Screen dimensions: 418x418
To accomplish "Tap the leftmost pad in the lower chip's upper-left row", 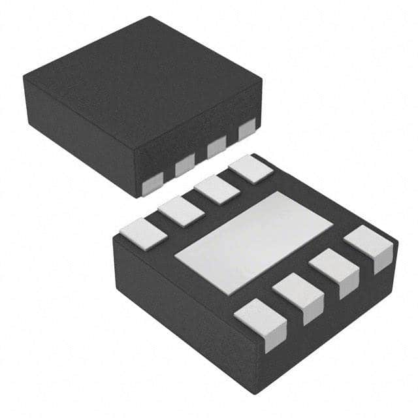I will coord(142,234).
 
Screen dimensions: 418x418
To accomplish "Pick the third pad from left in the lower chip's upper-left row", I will coord(217,189).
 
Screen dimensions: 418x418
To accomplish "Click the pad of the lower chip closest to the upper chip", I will coord(250,169).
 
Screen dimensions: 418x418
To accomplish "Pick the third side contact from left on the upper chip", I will coord(216,148).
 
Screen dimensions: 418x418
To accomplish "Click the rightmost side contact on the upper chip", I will coord(247,130).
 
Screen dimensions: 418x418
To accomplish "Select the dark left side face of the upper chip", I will coord(78,127).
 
